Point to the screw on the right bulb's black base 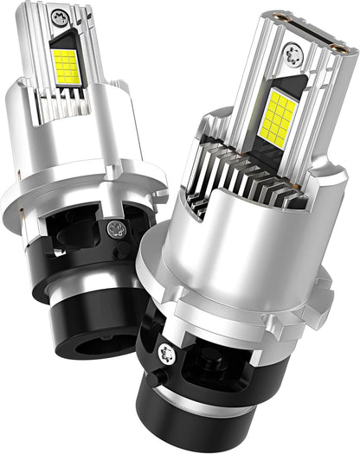coord(164,352)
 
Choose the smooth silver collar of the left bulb coord(52,147)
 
